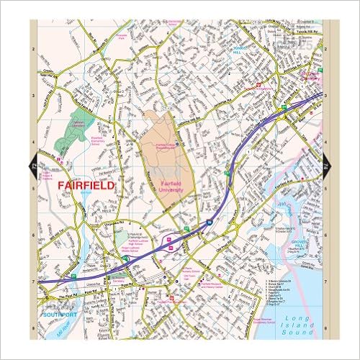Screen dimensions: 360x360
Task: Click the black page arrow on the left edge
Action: coord(32,166)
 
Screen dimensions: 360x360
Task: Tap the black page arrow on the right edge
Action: coord(327,166)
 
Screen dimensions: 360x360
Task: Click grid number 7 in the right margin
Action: coord(326,282)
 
